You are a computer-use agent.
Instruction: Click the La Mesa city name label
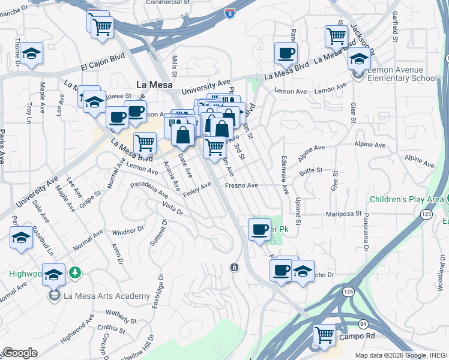click(x=154, y=85)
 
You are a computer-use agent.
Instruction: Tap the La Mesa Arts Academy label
click(x=106, y=296)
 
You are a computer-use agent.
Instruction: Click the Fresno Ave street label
click(x=241, y=186)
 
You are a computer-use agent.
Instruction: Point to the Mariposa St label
click(x=345, y=214)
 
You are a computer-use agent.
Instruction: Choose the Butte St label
click(x=312, y=171)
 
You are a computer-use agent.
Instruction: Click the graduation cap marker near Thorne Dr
click(x=32, y=54)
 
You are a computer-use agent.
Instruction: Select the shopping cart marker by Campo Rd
click(x=325, y=335)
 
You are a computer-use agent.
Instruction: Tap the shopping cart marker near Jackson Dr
click(x=336, y=36)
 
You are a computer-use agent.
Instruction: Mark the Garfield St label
click(x=394, y=24)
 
